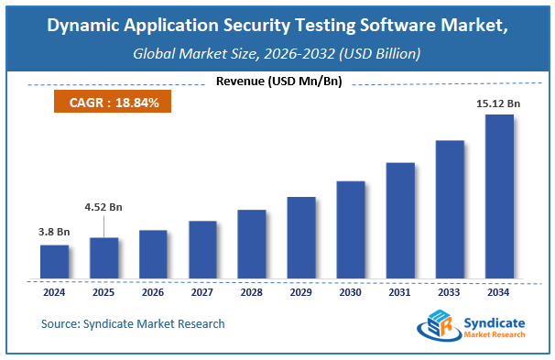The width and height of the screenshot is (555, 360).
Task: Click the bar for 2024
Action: (54, 262)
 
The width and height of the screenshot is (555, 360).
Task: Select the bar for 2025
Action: (103, 258)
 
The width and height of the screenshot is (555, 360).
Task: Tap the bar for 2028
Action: (252, 245)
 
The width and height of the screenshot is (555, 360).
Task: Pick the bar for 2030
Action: (351, 230)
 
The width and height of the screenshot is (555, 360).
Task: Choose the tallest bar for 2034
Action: (499, 197)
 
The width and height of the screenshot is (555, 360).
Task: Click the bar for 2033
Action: (450, 210)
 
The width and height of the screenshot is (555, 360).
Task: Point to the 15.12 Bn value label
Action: (498, 104)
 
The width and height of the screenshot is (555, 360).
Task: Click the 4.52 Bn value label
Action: (103, 207)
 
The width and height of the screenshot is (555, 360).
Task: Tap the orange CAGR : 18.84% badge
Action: (114, 103)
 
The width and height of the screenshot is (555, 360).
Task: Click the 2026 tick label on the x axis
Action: (153, 293)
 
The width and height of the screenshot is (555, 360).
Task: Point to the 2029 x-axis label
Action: (301, 293)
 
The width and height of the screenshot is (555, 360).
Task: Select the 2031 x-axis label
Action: (400, 293)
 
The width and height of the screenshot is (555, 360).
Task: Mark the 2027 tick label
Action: (202, 293)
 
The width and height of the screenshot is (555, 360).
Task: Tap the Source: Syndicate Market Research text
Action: (133, 323)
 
